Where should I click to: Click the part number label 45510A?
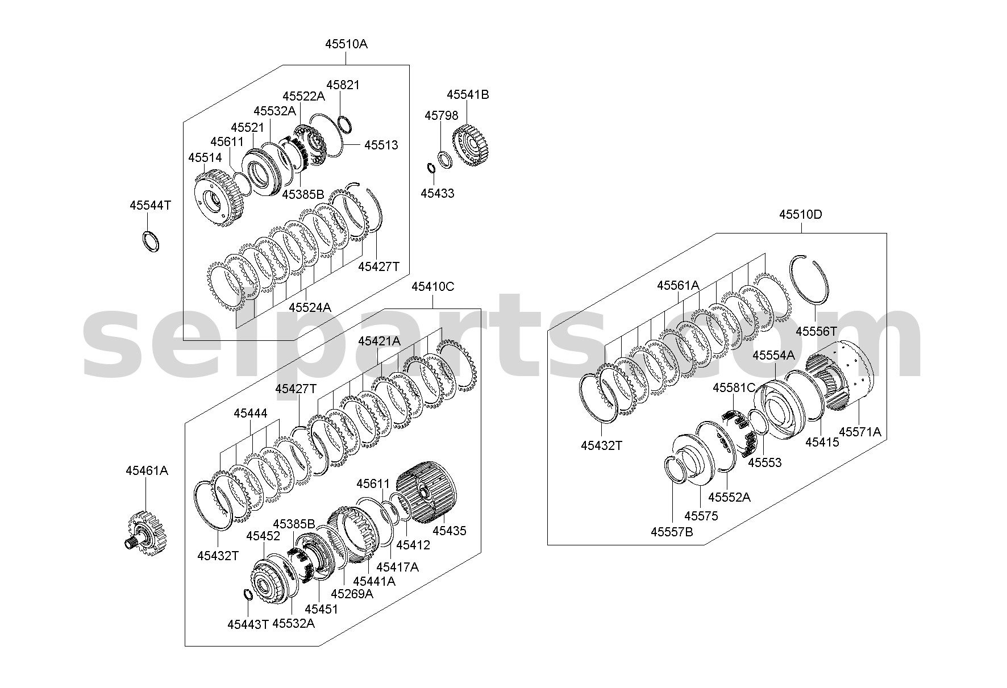pos(346,44)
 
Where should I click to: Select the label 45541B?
pos(468,95)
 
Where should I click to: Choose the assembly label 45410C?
pos(432,286)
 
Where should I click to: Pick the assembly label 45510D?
pos(801,215)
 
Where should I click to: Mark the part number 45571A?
pos(860,432)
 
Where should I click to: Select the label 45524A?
pos(310,307)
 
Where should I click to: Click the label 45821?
pos(343,85)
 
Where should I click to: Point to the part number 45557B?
pos(672,532)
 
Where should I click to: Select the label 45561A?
pos(678,285)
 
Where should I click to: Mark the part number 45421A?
pos(379,341)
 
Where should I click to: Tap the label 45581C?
pos(734,388)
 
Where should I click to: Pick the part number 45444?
pos(250,414)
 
